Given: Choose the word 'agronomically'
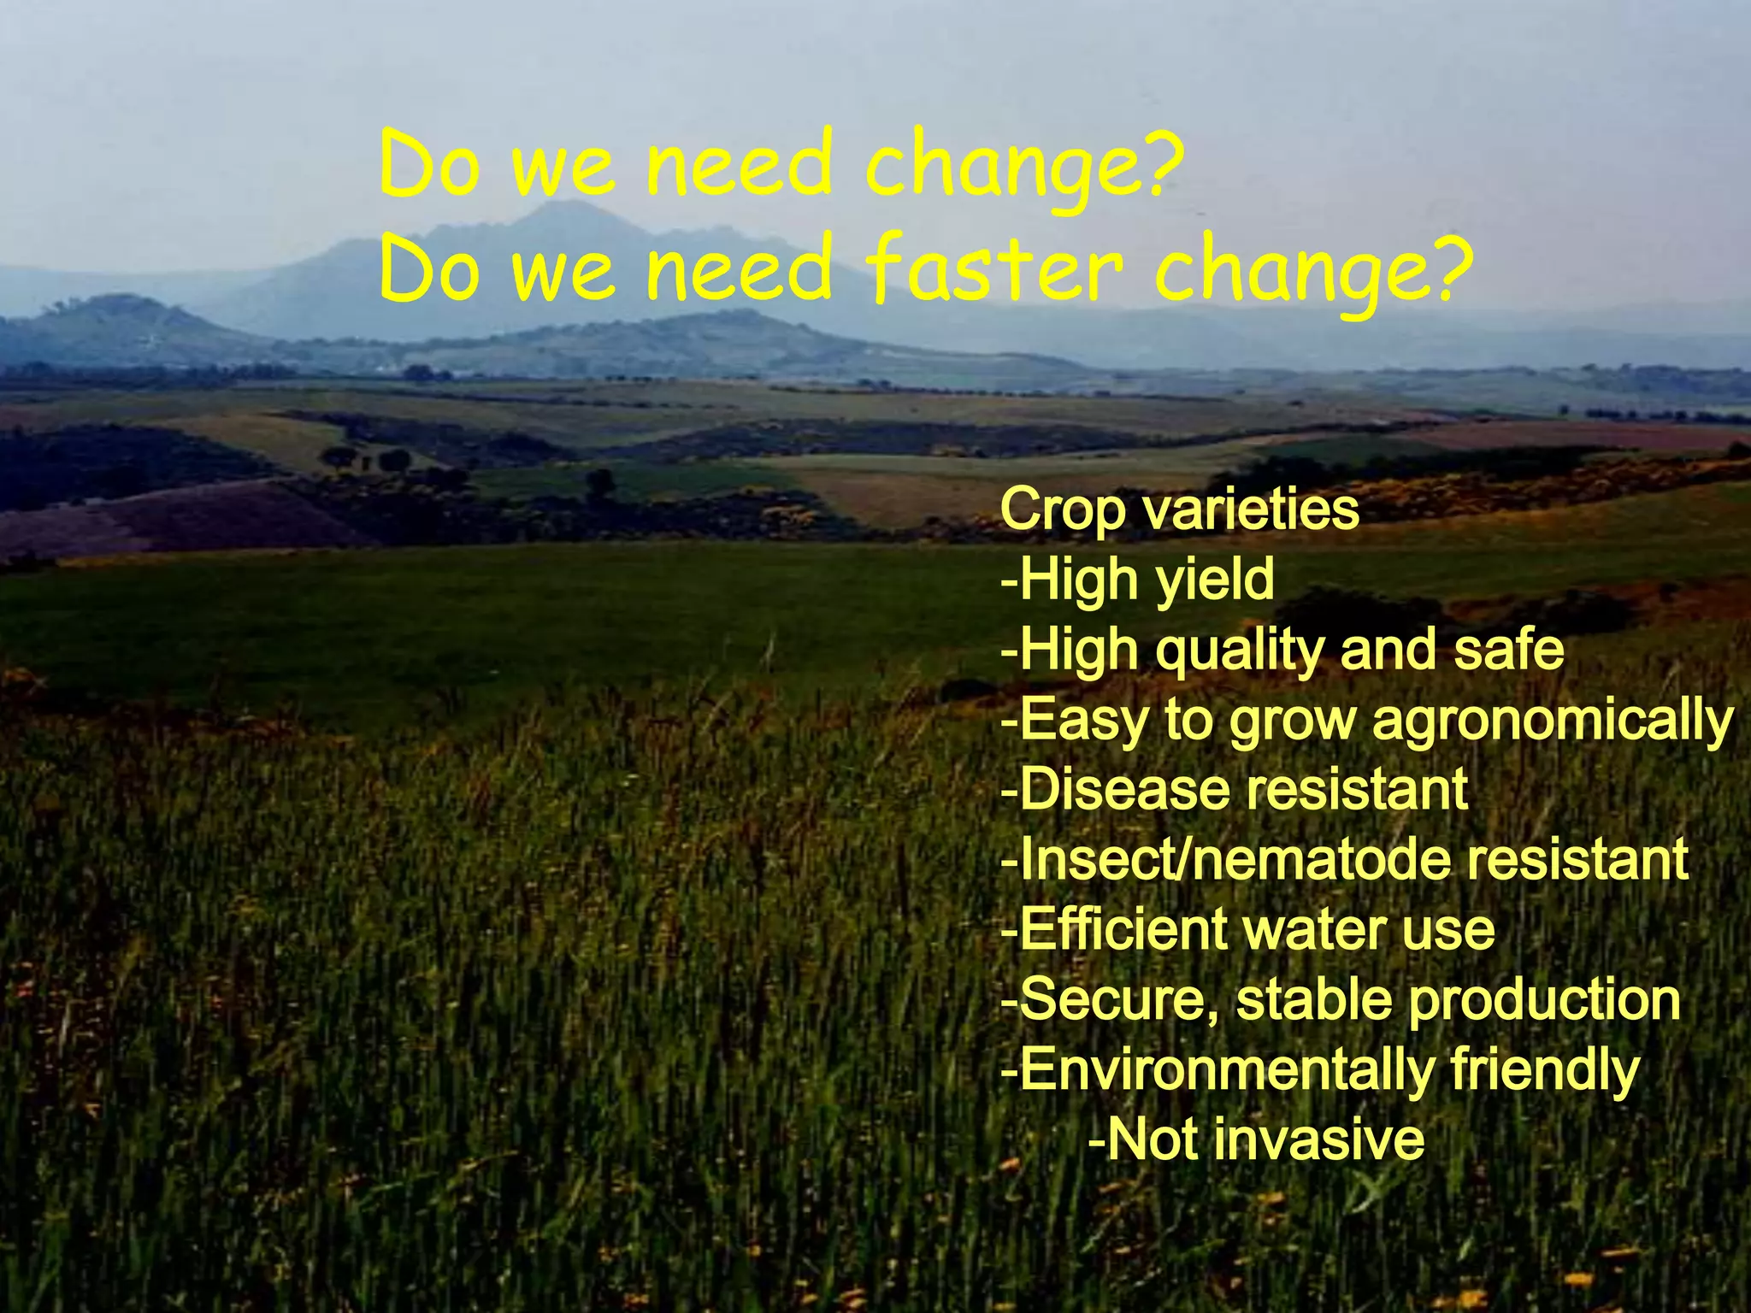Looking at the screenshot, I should (1553, 721).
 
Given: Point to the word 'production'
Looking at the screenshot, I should (1544, 1001).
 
